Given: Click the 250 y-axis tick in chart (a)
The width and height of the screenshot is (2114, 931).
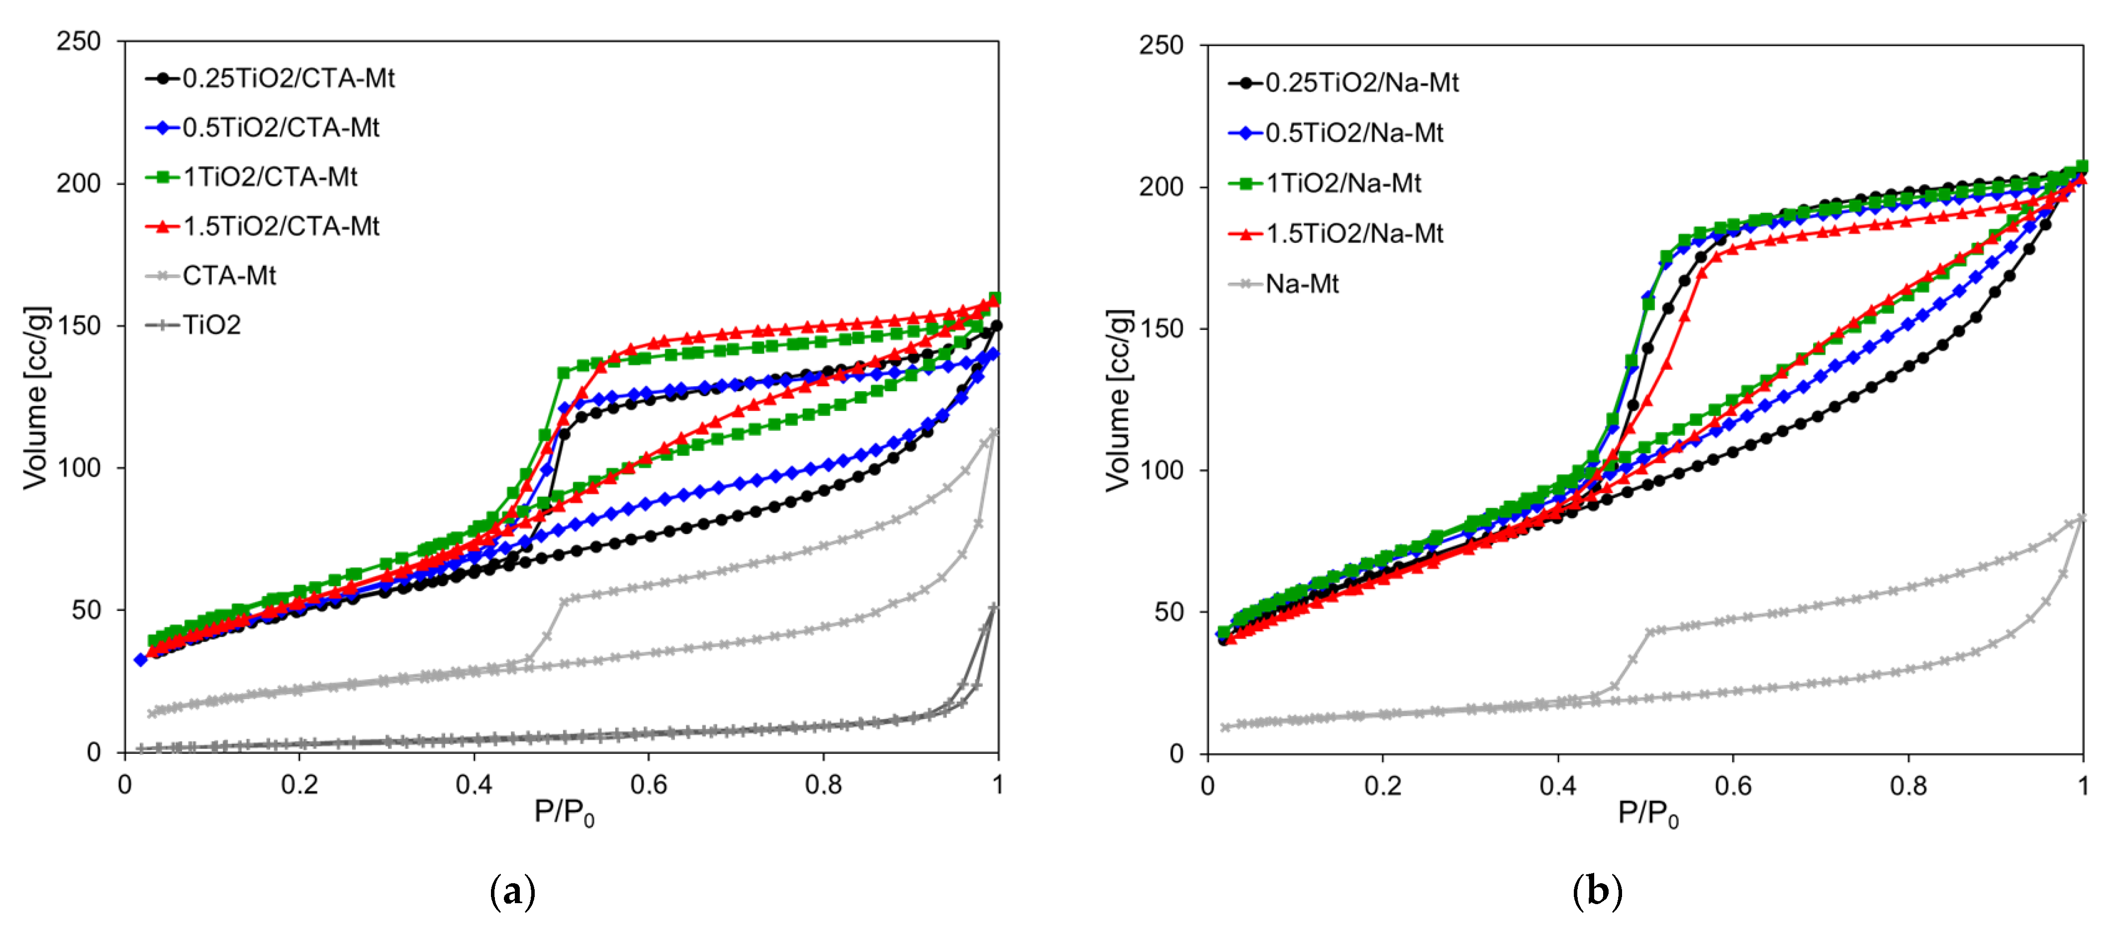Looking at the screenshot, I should [79, 41].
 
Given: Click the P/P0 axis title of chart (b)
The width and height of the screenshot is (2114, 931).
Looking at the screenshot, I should [1648, 815].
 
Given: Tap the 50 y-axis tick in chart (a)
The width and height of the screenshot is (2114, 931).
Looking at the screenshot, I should [87, 610].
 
